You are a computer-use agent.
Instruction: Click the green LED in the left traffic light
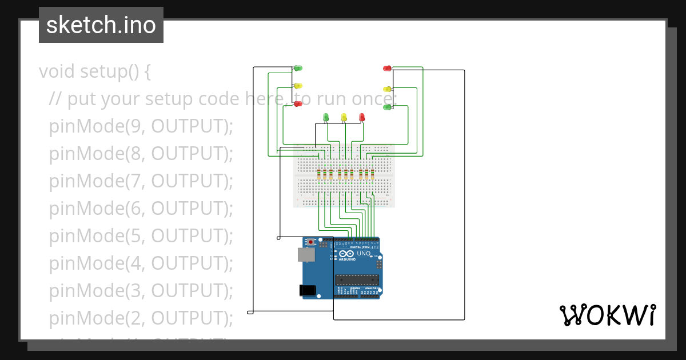pyautogui.click(x=298, y=69)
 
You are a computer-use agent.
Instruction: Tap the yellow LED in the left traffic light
pyautogui.click(x=298, y=86)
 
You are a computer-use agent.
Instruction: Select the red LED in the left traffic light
pyautogui.click(x=298, y=103)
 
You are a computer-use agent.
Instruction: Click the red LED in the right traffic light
pyautogui.click(x=387, y=69)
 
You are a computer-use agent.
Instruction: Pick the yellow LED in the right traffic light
pyautogui.click(x=387, y=89)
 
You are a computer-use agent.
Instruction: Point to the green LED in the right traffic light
pyautogui.click(x=387, y=107)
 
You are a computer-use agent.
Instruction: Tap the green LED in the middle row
pyautogui.click(x=326, y=117)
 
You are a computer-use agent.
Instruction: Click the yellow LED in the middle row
pyautogui.click(x=344, y=117)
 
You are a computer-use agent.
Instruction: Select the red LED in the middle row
pyautogui.click(x=362, y=117)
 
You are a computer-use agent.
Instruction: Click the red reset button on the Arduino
pyautogui.click(x=310, y=242)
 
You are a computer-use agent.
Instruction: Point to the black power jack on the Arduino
pyautogui.click(x=309, y=290)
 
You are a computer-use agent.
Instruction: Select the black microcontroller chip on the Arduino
pyautogui.click(x=357, y=279)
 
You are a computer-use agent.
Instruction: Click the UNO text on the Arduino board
pyautogui.click(x=364, y=253)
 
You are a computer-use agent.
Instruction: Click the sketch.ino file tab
pyautogui.click(x=101, y=25)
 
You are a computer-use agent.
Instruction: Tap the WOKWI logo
pyautogui.click(x=607, y=315)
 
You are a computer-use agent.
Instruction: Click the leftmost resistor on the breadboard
pyautogui.click(x=318, y=175)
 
